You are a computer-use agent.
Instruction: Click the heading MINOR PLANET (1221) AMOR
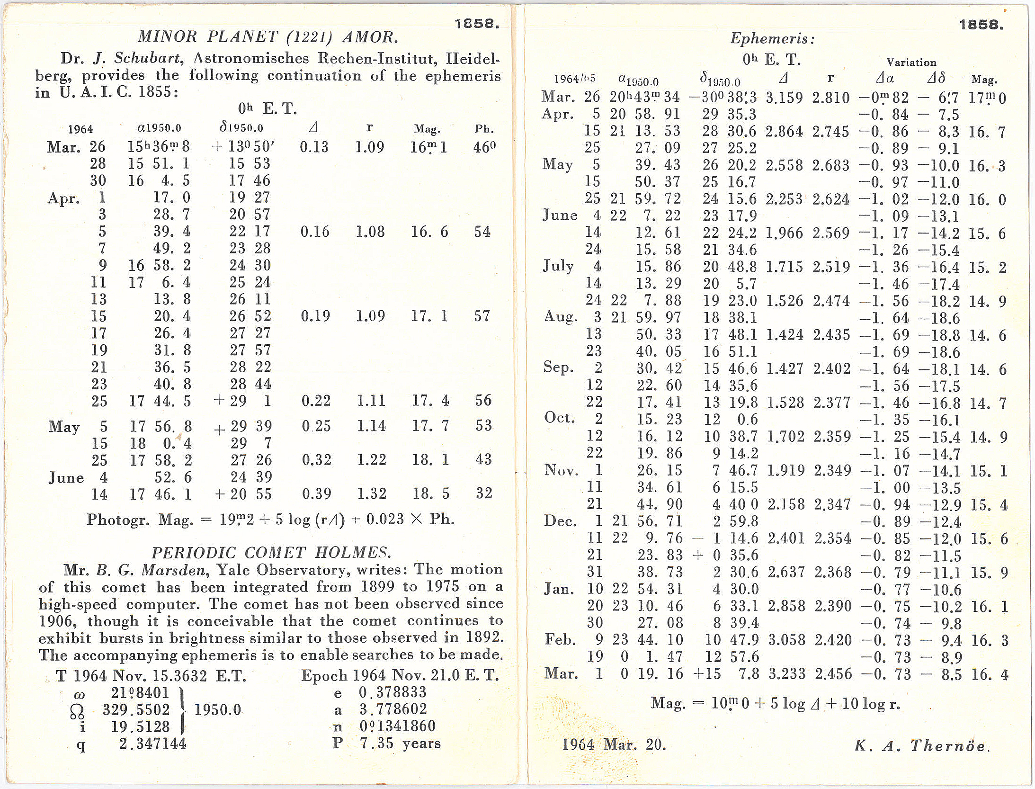(268, 37)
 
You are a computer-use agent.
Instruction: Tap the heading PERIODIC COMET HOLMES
(271, 553)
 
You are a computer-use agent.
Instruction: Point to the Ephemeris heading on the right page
(772, 38)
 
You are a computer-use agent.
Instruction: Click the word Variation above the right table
(911, 63)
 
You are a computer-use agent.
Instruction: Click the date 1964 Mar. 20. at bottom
(614, 745)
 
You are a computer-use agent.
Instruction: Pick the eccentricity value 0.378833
(393, 693)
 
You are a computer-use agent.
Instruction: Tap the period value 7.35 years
(400, 743)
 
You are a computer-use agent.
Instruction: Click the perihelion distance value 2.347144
(152, 744)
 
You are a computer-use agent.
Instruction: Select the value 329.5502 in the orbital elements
(136, 710)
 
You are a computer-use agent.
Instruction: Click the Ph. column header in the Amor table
(484, 129)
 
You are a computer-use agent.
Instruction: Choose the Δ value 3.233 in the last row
(786, 674)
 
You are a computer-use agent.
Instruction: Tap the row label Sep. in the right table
(559, 368)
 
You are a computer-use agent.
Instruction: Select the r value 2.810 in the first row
(831, 98)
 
